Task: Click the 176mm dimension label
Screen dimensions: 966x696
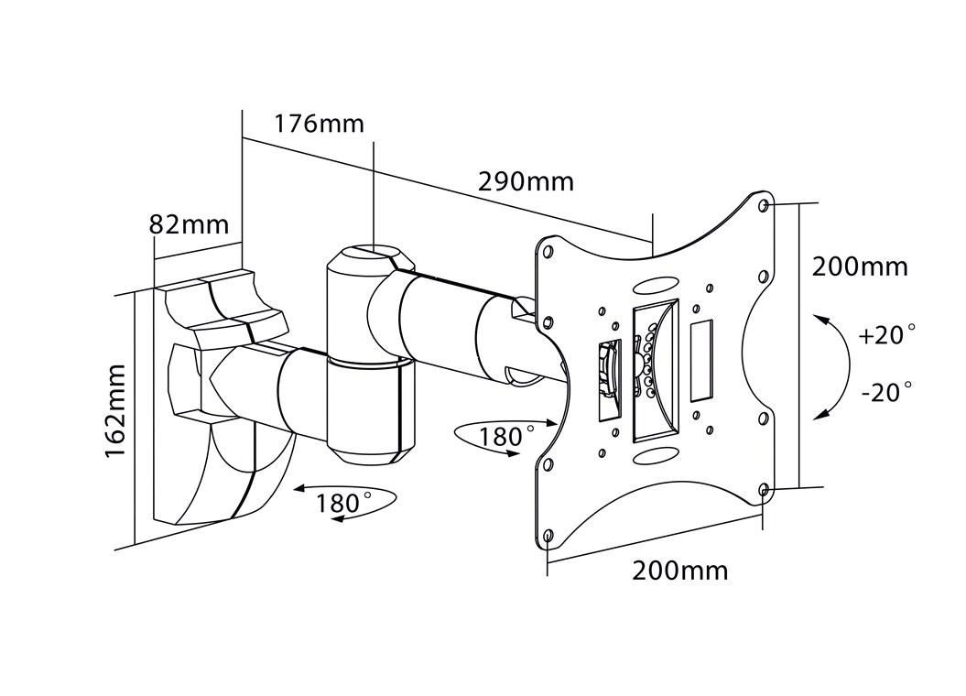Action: pos(319,124)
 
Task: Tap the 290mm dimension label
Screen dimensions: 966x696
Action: pos(526,181)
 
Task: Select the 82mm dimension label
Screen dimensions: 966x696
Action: pos(190,224)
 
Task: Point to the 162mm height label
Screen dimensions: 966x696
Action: pos(115,411)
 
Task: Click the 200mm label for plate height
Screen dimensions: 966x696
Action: pos(860,266)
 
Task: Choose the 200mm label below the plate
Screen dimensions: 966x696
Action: pos(680,571)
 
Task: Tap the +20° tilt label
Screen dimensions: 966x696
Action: pos(886,335)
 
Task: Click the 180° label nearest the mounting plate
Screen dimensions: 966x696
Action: pos(505,437)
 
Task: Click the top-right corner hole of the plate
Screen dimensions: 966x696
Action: pos(765,205)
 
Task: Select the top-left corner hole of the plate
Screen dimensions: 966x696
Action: pos(547,251)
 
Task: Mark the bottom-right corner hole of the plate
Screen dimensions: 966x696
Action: pos(764,490)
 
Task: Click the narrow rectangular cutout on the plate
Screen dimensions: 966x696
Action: pos(701,361)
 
